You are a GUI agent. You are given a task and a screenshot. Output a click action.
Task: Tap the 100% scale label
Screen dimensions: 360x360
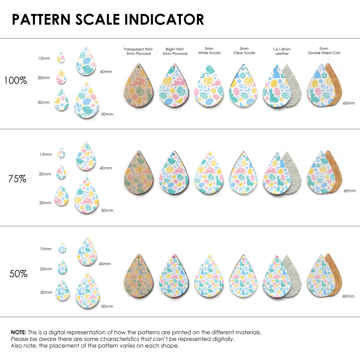(x=15, y=81)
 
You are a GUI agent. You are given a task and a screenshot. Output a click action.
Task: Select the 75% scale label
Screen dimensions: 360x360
(x=17, y=178)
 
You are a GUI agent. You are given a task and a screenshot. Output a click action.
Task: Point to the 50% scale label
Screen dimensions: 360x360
(x=18, y=274)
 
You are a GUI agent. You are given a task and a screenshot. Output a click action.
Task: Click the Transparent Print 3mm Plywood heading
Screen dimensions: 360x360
(x=138, y=51)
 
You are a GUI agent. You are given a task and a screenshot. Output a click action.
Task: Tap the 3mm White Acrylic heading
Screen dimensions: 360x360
(x=209, y=50)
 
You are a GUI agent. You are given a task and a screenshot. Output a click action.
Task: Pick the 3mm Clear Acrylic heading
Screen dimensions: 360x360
(x=244, y=50)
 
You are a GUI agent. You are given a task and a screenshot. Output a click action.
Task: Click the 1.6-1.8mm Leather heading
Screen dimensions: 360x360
(x=282, y=51)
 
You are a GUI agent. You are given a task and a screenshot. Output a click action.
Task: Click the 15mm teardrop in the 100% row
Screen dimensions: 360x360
(x=62, y=58)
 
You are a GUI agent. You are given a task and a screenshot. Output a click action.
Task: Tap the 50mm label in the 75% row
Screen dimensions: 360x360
(x=107, y=210)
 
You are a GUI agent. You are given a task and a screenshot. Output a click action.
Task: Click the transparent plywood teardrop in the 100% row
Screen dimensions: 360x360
(x=138, y=86)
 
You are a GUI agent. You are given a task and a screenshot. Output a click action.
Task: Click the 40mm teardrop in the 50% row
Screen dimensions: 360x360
(x=86, y=252)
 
